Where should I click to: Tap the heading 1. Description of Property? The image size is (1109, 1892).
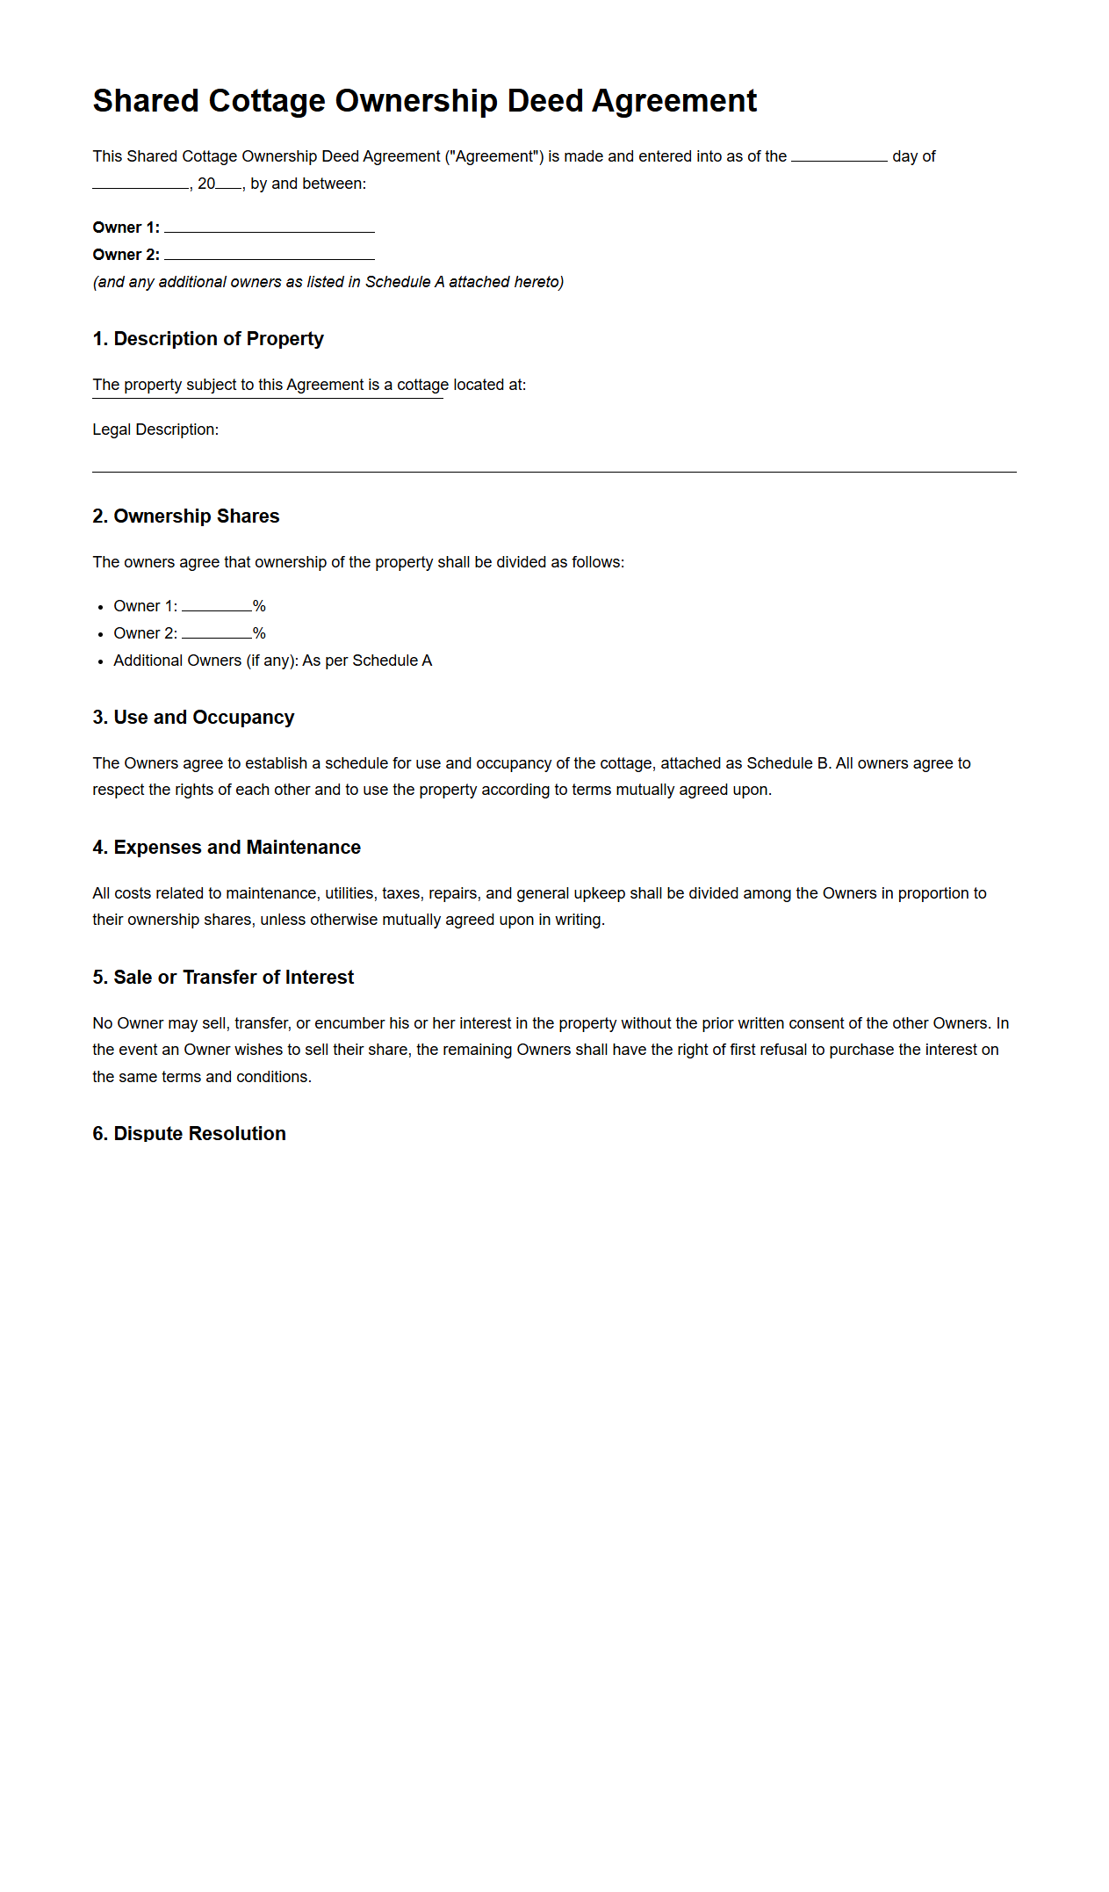click(208, 339)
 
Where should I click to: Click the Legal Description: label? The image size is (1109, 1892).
click(155, 430)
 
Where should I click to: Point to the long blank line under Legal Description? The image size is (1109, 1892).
click(553, 471)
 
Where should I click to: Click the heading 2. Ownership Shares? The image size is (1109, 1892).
click(186, 516)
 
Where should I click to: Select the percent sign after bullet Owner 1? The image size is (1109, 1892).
click(259, 607)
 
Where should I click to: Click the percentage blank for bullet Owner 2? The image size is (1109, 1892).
click(216, 634)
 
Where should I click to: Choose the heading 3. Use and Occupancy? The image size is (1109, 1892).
click(193, 718)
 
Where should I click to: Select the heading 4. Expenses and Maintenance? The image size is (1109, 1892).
click(227, 848)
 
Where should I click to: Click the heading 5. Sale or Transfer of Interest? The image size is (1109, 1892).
click(223, 978)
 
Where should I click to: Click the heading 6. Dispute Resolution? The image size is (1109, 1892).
click(189, 1134)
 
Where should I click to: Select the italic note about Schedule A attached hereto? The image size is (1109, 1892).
click(328, 282)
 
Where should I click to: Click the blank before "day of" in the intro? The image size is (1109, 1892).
click(839, 158)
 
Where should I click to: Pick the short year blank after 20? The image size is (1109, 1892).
click(228, 185)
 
